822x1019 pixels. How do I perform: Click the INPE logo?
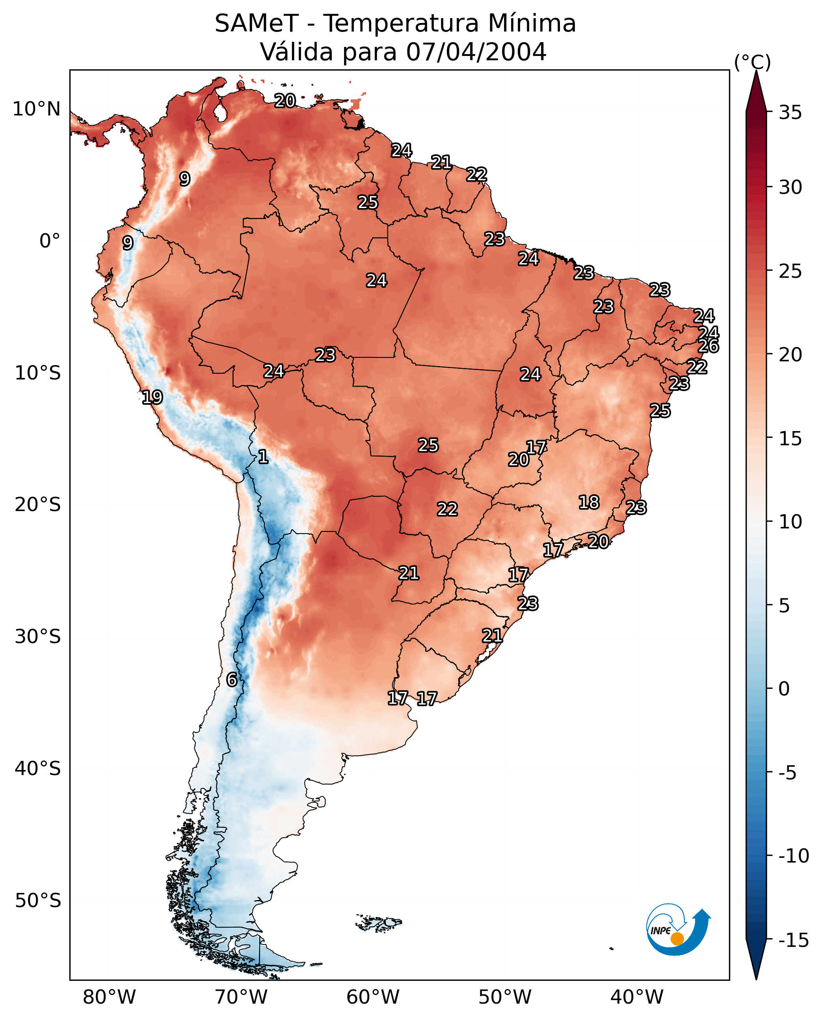point(678,929)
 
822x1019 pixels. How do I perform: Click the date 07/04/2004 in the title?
point(476,52)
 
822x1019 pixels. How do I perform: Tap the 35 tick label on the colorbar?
point(790,113)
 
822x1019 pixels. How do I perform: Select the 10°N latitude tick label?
point(37,110)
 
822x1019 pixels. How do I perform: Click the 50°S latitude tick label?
point(38,901)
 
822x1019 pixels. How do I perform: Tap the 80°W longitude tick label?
point(110,997)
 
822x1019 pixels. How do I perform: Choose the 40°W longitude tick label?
point(637,997)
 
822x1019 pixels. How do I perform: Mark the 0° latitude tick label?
point(50,241)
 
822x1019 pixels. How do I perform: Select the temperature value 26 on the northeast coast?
point(709,346)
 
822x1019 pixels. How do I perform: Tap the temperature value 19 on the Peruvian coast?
point(152,397)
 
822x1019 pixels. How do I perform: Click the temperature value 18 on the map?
point(589,502)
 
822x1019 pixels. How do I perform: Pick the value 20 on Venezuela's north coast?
point(285,100)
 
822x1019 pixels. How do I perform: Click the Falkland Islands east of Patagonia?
point(379,923)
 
